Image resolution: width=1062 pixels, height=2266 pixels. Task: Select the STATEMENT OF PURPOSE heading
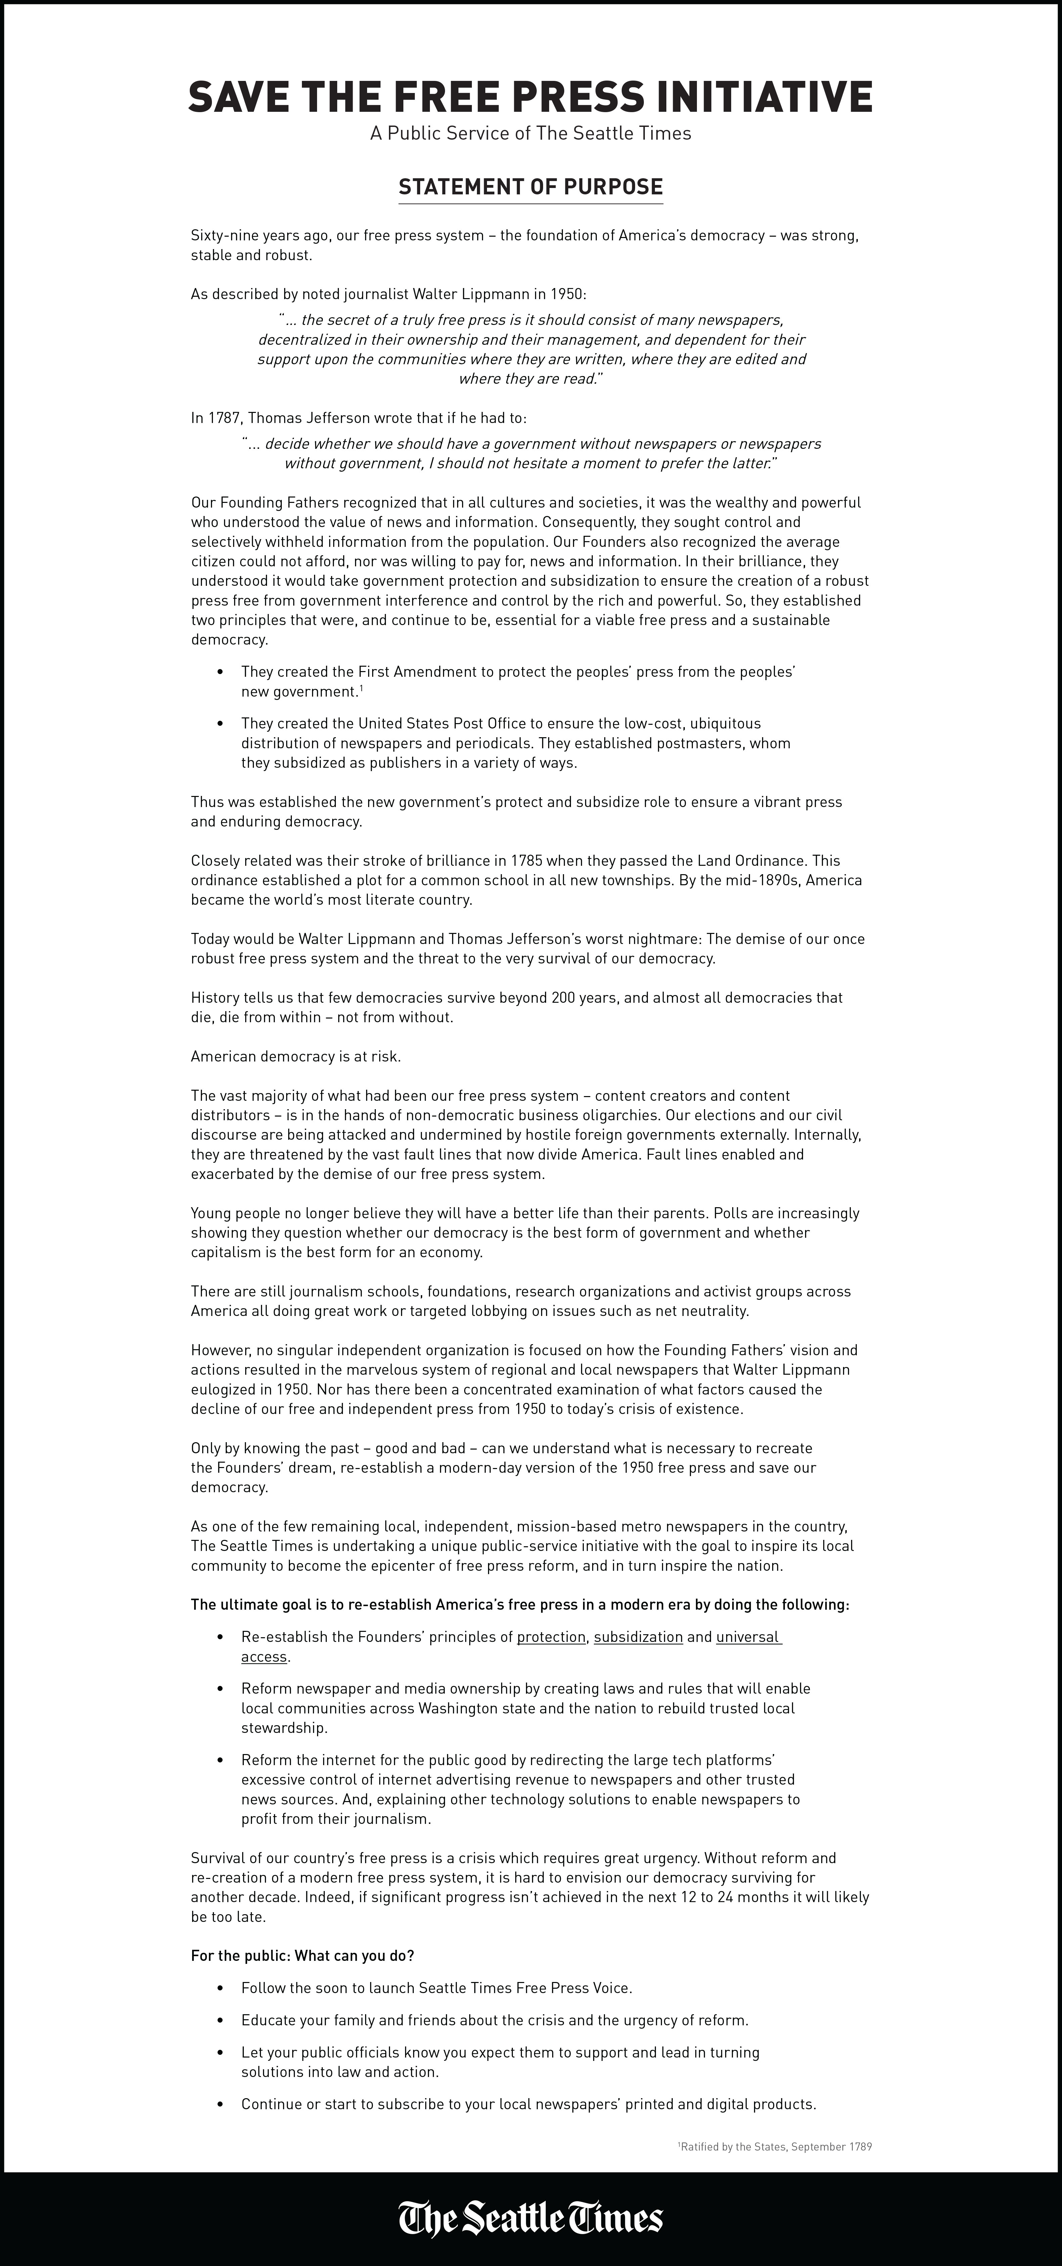pos(531,187)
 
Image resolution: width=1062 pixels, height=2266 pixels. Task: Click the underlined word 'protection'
pos(551,1637)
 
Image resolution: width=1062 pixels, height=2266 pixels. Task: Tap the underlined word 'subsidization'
pos(638,1637)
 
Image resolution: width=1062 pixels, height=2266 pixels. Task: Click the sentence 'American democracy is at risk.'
pos(296,1056)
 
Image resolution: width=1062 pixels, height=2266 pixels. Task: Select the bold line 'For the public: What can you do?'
pos(302,1955)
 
